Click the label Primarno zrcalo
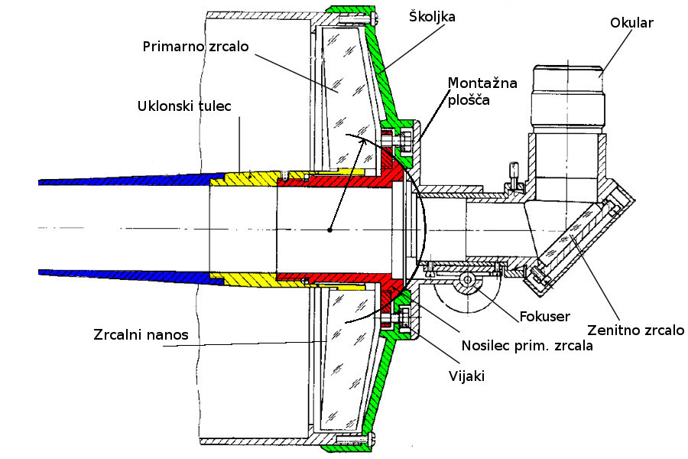tap(196, 46)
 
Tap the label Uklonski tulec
tap(185, 106)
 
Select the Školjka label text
tap(429, 16)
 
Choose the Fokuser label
tap(546, 316)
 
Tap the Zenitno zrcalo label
tap(635, 330)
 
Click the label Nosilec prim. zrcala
tap(527, 345)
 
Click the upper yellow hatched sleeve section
tap(245, 178)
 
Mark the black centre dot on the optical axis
tap(329, 229)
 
